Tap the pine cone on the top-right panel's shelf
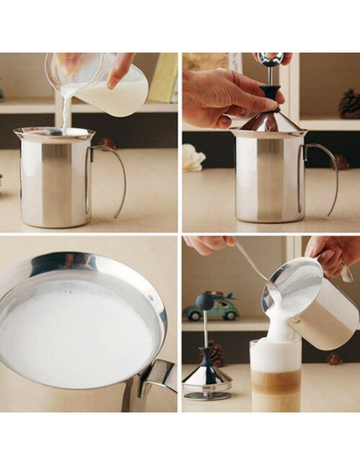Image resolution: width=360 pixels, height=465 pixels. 350,104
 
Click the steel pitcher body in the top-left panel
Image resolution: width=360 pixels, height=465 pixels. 54,184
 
